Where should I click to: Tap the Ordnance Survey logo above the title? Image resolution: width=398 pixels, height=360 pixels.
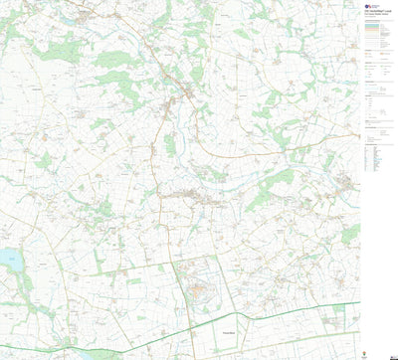[369, 5]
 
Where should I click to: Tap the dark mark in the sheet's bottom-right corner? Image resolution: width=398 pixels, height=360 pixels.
[390, 355]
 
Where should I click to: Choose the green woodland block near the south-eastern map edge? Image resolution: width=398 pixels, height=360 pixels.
[349, 234]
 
